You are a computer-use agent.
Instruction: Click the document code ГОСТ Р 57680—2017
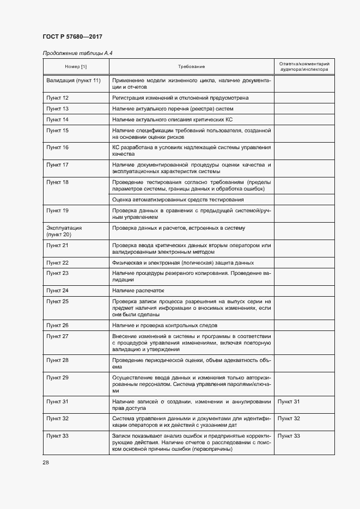[x=72, y=36]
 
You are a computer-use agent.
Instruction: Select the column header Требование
[x=191, y=66]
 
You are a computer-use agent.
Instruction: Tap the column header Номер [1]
[x=76, y=66]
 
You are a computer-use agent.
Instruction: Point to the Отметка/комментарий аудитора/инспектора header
[x=303, y=66]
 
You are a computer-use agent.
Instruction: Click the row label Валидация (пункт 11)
[x=73, y=81]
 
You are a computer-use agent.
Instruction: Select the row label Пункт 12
[x=57, y=98]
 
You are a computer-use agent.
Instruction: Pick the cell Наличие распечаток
[x=138, y=291]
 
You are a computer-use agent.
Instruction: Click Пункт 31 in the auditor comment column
[x=289, y=401]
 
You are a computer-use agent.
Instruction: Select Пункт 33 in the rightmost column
[x=289, y=436]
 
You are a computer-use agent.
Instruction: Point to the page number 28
[x=46, y=462]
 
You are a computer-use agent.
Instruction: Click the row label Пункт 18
[x=57, y=181]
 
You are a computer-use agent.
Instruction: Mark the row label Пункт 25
[x=57, y=301]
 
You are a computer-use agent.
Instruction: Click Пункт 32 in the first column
[x=57, y=419]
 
